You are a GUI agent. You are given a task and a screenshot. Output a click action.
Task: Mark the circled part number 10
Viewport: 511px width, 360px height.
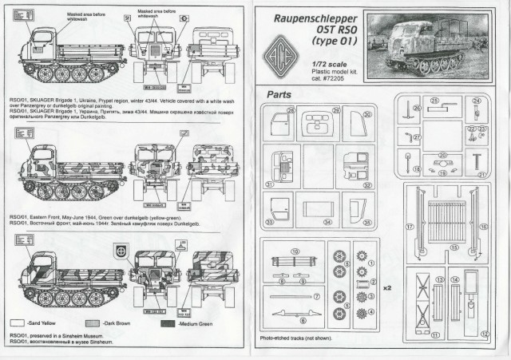tap(295, 251)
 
